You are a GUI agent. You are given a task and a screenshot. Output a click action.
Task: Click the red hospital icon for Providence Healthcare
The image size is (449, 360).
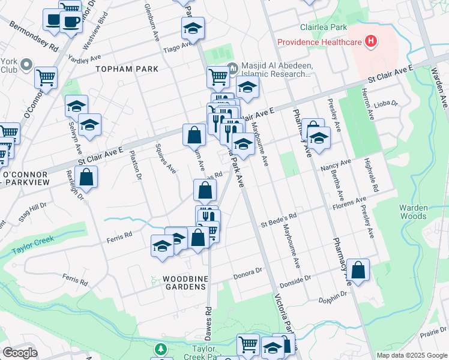click(372, 41)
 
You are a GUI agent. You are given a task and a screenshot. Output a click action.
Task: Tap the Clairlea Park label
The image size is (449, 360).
click(324, 28)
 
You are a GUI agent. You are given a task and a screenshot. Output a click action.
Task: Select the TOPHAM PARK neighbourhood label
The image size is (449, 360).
click(127, 69)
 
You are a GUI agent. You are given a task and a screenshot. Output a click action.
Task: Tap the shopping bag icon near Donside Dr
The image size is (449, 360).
click(358, 271)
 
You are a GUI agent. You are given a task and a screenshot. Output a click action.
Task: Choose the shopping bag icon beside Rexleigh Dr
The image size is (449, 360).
click(86, 178)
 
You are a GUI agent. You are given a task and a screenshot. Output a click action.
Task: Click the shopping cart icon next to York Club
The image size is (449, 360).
click(46, 77)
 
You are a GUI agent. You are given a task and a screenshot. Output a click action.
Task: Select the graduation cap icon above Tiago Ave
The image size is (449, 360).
click(193, 28)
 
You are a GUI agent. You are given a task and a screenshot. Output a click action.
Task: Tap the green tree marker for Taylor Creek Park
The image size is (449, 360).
click(160, 349)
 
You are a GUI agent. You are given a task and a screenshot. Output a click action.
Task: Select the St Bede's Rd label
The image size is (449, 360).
click(279, 221)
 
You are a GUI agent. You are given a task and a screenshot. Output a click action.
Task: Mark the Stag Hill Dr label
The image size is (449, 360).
click(31, 213)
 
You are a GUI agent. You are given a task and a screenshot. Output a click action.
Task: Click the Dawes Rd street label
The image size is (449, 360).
click(208, 319)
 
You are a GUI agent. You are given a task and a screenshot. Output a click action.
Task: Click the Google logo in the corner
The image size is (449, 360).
click(20, 353)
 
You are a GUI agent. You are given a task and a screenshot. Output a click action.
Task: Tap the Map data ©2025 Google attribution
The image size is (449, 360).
click(411, 355)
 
